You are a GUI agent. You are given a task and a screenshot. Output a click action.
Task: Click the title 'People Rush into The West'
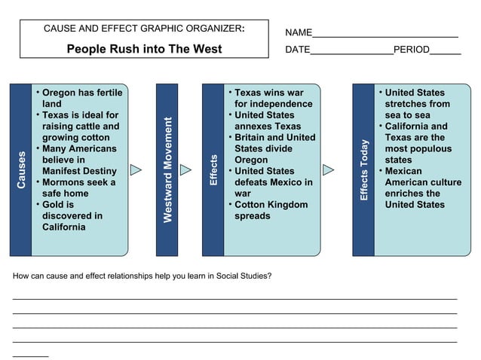coord(144,49)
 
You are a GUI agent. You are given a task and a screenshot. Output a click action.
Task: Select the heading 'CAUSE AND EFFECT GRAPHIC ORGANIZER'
coord(143,29)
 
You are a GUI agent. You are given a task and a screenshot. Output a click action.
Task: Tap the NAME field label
coord(299,32)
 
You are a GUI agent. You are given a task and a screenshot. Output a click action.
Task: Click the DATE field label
coord(298,50)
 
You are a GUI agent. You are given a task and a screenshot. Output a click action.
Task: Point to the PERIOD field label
coord(411,50)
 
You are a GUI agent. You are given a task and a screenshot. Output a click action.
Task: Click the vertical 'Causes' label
coord(21,170)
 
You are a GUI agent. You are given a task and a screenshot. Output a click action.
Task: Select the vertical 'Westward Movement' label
coord(167,170)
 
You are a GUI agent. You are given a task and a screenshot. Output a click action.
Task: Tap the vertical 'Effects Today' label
coord(364,170)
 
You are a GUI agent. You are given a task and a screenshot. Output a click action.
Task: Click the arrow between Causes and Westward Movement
coord(136,170)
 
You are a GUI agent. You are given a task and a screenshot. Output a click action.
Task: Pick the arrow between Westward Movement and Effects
coord(185,170)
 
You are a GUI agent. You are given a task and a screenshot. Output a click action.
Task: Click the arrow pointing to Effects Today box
coord(329,170)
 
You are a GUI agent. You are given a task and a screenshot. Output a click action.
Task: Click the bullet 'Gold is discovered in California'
coord(72,215)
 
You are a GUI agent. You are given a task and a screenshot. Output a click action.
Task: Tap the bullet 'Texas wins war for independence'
coord(272,98)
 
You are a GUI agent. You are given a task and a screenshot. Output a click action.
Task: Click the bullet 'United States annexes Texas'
coord(267,121)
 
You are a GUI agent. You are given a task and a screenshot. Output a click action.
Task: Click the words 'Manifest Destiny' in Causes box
coord(79,171)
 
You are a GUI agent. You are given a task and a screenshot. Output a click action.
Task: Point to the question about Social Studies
coord(142,276)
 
